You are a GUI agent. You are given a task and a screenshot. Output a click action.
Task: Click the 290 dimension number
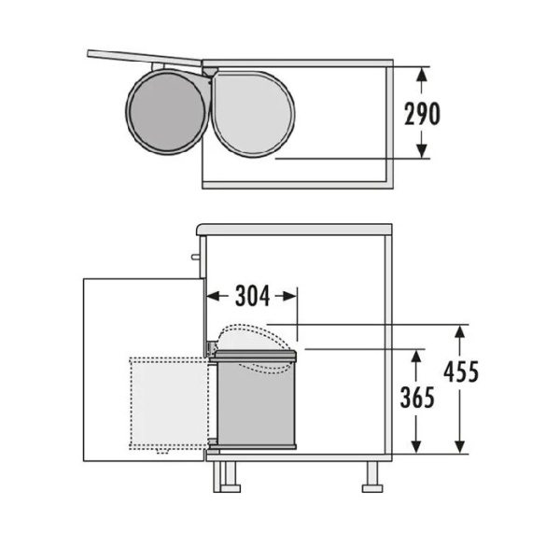422,114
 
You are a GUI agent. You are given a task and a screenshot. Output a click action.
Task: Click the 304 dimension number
252,296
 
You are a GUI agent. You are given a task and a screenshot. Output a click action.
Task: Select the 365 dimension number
417,398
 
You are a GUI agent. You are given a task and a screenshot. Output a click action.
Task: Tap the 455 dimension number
461,371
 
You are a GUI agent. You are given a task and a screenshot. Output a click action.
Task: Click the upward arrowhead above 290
422,75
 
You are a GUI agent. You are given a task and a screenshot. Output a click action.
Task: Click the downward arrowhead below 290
422,150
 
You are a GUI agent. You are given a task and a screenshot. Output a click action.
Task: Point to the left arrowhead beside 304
215,296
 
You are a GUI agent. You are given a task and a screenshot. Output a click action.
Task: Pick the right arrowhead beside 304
289,296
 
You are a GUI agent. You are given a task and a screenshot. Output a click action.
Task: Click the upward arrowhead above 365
415,357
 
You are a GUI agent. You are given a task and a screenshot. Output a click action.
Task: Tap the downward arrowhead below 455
459,447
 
